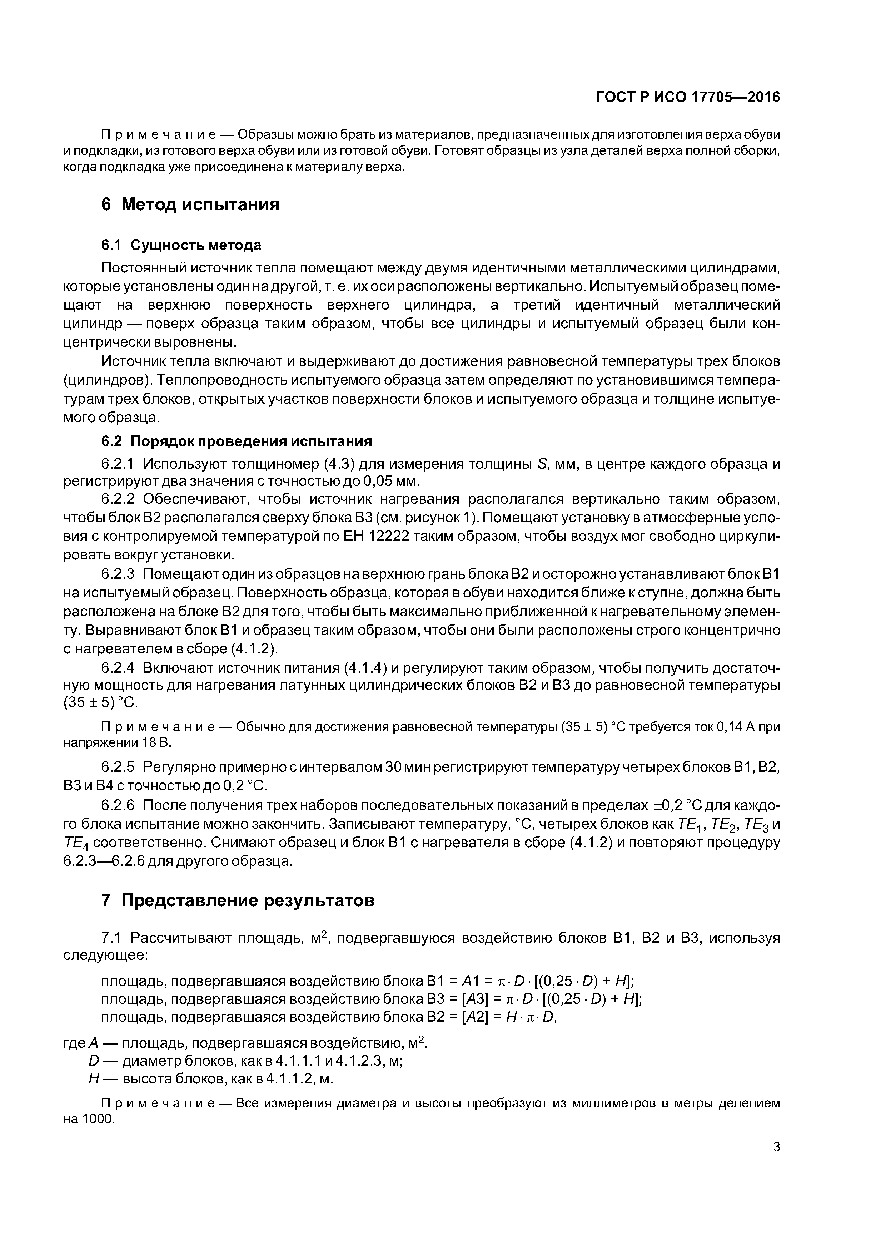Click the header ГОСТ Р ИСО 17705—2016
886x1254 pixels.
(687, 97)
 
